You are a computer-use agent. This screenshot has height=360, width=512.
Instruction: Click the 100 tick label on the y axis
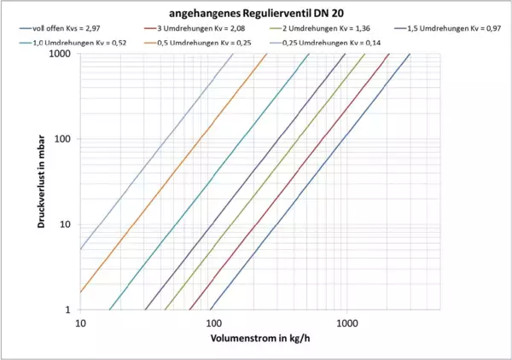[61, 139]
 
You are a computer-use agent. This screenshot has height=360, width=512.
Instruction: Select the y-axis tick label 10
[64, 224]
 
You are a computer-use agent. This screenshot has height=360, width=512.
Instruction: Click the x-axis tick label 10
[81, 323]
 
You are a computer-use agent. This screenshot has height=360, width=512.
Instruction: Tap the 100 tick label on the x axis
[213, 323]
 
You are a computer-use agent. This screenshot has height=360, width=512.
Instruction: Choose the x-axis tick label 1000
[346, 323]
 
